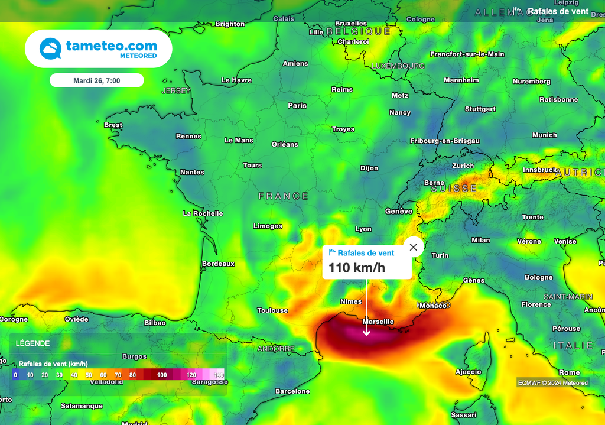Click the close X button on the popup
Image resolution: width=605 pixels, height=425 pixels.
[x=413, y=247]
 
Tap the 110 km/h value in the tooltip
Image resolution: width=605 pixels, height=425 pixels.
[x=357, y=268]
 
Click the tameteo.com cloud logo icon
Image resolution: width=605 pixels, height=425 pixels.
[x=50, y=48]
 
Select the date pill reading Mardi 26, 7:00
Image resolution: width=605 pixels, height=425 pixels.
[x=96, y=80]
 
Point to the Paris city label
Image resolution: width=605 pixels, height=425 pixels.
[x=297, y=106]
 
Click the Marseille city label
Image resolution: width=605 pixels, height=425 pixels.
[x=378, y=322]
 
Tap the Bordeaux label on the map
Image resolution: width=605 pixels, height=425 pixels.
[x=218, y=264]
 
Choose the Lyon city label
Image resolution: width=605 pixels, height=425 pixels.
[x=363, y=229]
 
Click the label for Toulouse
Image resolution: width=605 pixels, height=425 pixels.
[x=272, y=310]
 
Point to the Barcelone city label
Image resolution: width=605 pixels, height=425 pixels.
[x=292, y=391]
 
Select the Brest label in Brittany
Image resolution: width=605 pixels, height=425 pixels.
[x=113, y=125]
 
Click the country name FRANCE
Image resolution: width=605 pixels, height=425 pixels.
[x=284, y=196]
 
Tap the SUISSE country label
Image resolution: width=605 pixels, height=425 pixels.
[x=454, y=189]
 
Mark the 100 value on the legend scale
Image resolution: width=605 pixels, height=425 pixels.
[x=162, y=375]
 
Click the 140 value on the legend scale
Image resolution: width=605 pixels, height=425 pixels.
[x=219, y=375]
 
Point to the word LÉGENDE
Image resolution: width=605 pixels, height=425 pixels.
[x=32, y=343]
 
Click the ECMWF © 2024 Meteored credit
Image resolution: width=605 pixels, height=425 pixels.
[x=553, y=382]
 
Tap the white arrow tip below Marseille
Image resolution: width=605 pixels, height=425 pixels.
[x=366, y=334]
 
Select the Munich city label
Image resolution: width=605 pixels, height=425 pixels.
[x=544, y=135]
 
